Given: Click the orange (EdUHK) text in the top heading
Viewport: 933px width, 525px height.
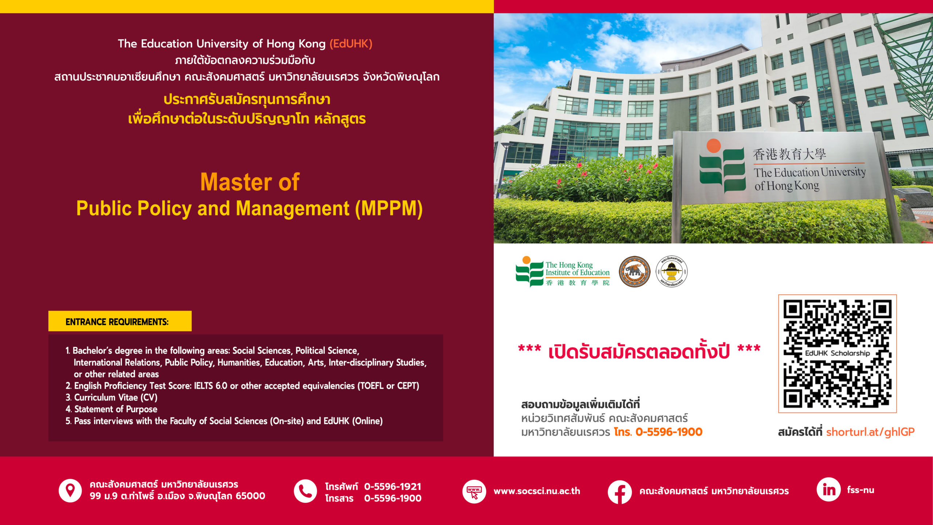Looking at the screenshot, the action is pyautogui.click(x=351, y=44).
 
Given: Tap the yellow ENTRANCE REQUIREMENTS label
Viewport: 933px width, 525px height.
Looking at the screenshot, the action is pyautogui.click(x=120, y=321).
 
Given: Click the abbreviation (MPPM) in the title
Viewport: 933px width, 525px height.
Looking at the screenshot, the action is pyautogui.click(x=389, y=209).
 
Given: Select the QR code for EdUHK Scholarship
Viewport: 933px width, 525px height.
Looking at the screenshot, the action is pyautogui.click(x=837, y=353).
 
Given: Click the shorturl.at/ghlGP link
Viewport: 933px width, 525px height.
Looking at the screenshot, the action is pyautogui.click(x=870, y=432).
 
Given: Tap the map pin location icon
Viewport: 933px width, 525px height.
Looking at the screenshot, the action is pyautogui.click(x=70, y=491).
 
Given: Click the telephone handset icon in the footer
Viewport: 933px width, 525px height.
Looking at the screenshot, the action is pyautogui.click(x=305, y=491).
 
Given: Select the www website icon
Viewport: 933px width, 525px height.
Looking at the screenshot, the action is pyautogui.click(x=474, y=491).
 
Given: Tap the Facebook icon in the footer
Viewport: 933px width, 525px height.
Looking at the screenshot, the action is pyautogui.click(x=620, y=492).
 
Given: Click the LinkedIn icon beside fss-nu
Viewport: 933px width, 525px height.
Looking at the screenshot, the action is pyautogui.click(x=828, y=490).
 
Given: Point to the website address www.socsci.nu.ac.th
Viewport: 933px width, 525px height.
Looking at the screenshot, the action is pyautogui.click(x=537, y=491).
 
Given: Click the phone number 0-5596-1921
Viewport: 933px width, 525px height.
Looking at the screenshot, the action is pyautogui.click(x=393, y=486).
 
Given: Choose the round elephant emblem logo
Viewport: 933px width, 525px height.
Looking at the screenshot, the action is pyautogui.click(x=635, y=272).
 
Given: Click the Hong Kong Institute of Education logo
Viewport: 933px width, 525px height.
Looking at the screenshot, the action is pyautogui.click(x=562, y=272).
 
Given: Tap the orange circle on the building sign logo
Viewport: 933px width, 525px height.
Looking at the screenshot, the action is pyautogui.click(x=714, y=146).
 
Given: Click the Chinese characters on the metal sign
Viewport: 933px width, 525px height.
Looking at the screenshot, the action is pyautogui.click(x=789, y=154).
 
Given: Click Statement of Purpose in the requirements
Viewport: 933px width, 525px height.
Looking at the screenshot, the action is pyautogui.click(x=116, y=409).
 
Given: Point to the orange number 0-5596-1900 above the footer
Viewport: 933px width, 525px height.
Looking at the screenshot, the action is pyautogui.click(x=669, y=432).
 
